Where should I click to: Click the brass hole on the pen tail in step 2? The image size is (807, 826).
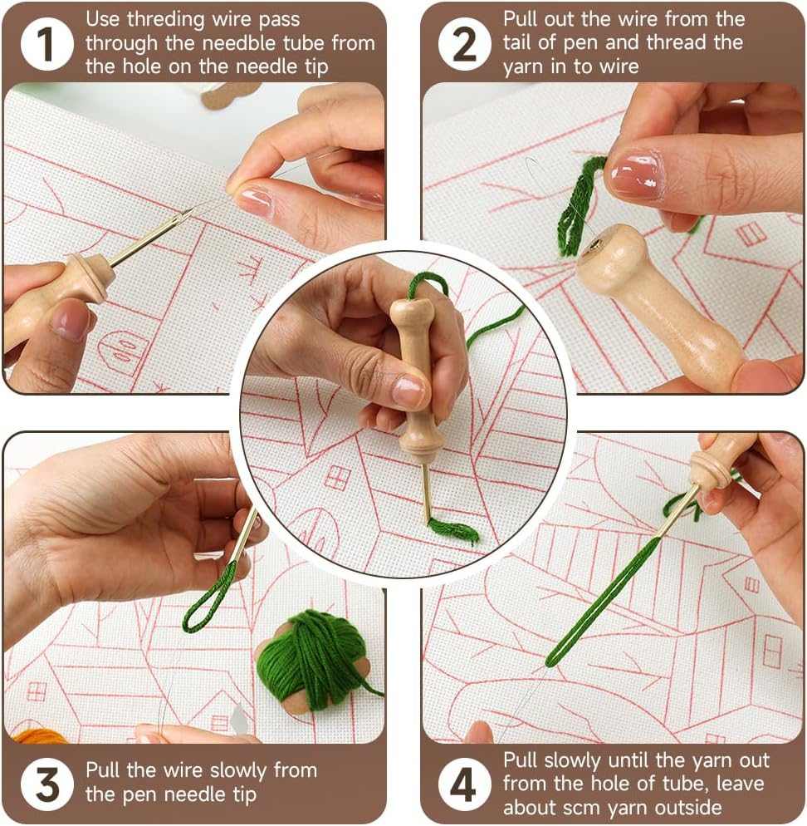595,245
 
